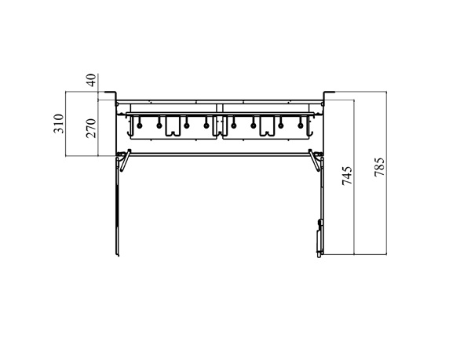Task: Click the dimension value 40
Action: [92, 80]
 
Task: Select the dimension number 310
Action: [59, 124]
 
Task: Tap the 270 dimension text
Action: [91, 129]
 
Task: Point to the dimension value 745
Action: [347, 176]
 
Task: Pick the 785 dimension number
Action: [379, 167]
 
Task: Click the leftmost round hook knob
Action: [140, 125]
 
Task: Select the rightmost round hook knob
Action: [300, 125]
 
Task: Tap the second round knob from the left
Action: [159, 125]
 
